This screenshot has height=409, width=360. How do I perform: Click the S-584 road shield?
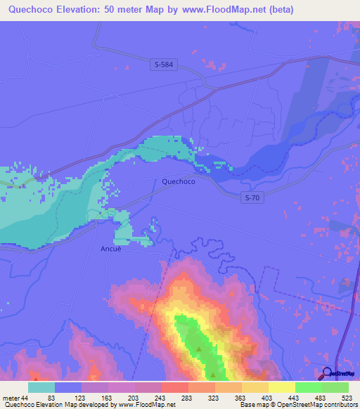[x=162, y=65]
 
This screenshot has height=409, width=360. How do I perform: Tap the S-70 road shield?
[x=253, y=198]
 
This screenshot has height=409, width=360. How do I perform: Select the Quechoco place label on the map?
[x=179, y=181]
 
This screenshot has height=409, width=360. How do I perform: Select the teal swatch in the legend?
[x=41, y=387]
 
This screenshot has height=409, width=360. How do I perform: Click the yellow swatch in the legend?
[x=281, y=387]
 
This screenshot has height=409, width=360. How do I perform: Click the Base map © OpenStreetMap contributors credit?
[x=298, y=405]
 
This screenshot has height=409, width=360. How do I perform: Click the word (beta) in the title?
[x=279, y=9]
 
